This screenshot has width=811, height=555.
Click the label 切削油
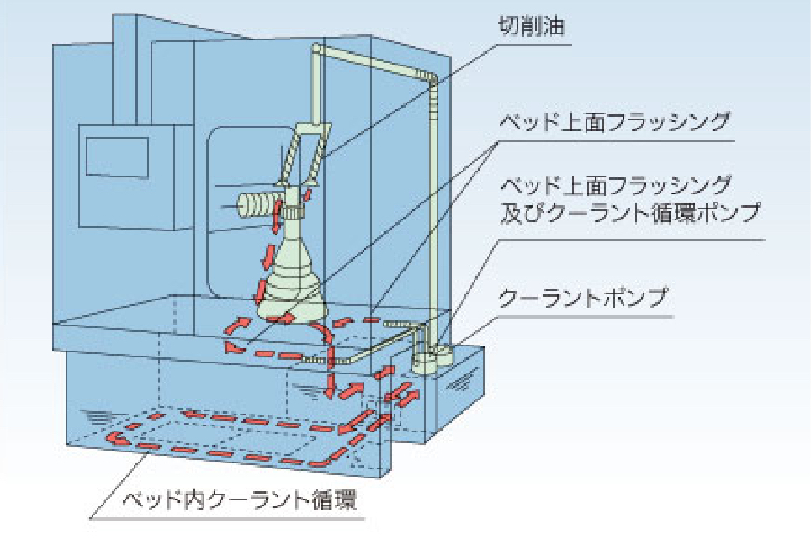point(531,26)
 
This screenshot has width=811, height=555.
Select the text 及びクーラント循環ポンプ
point(630,213)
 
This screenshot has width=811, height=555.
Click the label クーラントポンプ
point(583,299)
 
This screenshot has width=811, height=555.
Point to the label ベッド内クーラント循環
point(239,499)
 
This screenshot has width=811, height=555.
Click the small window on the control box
point(117,157)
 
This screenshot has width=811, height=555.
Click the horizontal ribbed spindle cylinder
point(257,204)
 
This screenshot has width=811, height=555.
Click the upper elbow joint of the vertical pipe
point(432,79)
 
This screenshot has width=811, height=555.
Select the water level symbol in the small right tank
point(458,383)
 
